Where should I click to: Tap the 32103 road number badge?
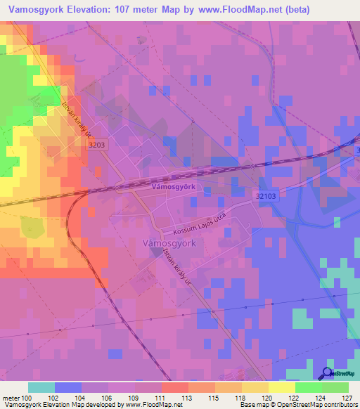pyautogui.click(x=266, y=199)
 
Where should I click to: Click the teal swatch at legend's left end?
pyautogui.click(x=41, y=387)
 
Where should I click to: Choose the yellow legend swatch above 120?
pyautogui.click(x=255, y=387)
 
